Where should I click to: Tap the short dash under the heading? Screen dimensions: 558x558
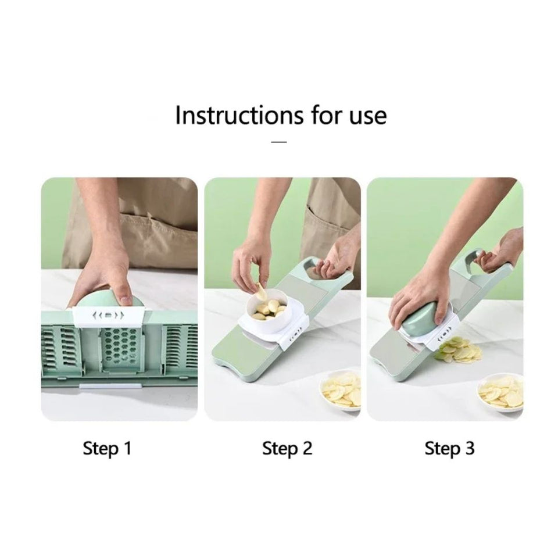[280, 141]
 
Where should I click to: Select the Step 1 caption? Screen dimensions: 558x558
[108, 448]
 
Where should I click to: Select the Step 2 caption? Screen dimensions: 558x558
[287, 448]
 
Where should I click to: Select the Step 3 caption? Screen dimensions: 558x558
[449, 448]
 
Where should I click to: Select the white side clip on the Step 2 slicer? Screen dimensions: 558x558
[294, 336]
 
